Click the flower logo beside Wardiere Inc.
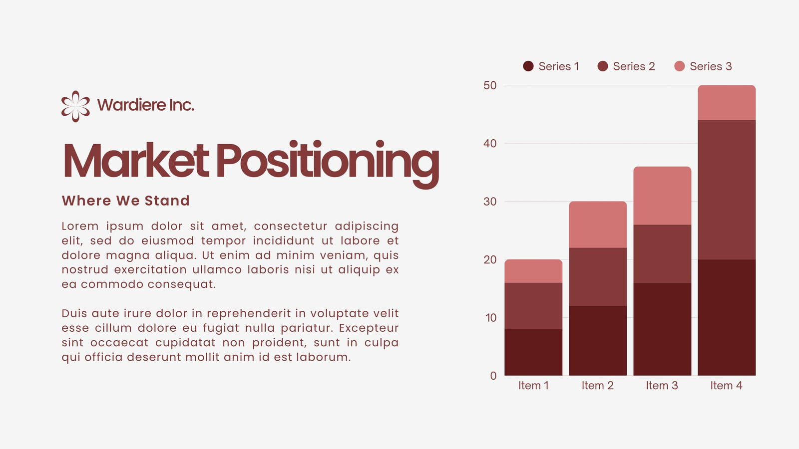(x=75, y=106)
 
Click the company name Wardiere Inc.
(x=145, y=105)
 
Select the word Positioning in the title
(x=328, y=164)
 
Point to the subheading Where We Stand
(x=125, y=201)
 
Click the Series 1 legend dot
(x=528, y=66)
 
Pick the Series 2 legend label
(x=634, y=66)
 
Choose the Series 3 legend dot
(x=680, y=66)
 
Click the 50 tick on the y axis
(x=490, y=85)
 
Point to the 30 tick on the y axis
(x=490, y=202)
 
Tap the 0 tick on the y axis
(x=493, y=376)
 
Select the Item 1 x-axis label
(x=534, y=386)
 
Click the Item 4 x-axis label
(x=726, y=386)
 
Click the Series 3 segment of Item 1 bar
(x=534, y=271)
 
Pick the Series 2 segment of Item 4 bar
(x=727, y=190)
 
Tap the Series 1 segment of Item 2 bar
(x=598, y=341)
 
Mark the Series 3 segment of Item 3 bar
(x=662, y=196)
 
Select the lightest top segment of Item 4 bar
(x=727, y=103)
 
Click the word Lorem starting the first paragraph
(x=80, y=226)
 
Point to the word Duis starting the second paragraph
(x=73, y=313)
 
